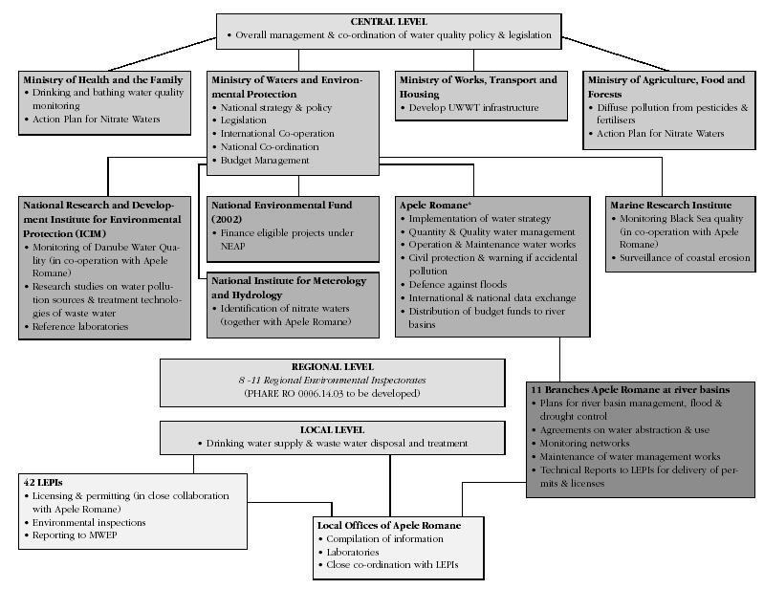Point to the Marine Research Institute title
point(670,205)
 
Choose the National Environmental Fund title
point(280,205)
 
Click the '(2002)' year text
point(227,218)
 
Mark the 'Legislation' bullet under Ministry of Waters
point(247,121)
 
